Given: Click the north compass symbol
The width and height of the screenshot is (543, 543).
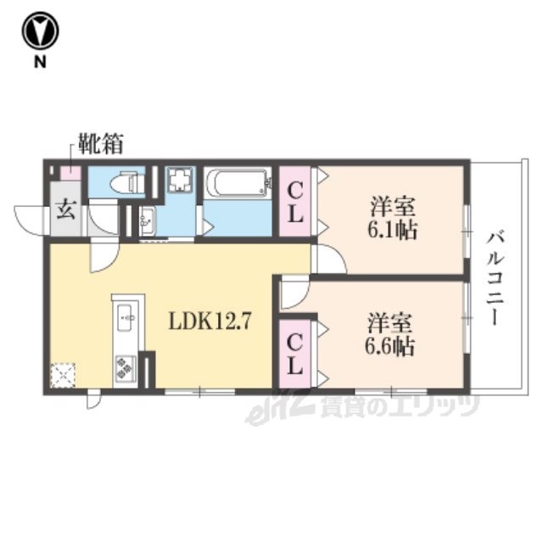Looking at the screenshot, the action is [x=40, y=31].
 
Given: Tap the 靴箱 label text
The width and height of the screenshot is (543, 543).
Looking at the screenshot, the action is [x=100, y=143].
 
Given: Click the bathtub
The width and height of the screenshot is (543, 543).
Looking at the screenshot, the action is [x=238, y=182].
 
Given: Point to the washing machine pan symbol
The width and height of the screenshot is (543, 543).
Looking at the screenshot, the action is [x=180, y=179].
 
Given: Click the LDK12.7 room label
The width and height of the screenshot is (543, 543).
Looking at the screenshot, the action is [x=209, y=321].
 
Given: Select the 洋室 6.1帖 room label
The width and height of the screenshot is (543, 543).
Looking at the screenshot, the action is [x=392, y=218].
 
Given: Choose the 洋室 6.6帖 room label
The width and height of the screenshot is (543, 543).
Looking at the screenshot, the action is [x=390, y=334].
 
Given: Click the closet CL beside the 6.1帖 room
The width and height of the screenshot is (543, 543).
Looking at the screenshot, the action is [x=295, y=202].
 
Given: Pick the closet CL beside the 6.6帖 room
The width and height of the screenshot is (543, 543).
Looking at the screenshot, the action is [x=294, y=354].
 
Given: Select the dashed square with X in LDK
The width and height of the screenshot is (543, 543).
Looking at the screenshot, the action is [x=63, y=375].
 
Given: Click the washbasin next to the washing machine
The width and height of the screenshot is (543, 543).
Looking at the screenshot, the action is [x=147, y=221].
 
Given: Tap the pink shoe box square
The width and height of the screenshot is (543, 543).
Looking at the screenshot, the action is [x=70, y=173].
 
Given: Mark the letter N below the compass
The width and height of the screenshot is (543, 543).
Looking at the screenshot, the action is [x=40, y=62].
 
